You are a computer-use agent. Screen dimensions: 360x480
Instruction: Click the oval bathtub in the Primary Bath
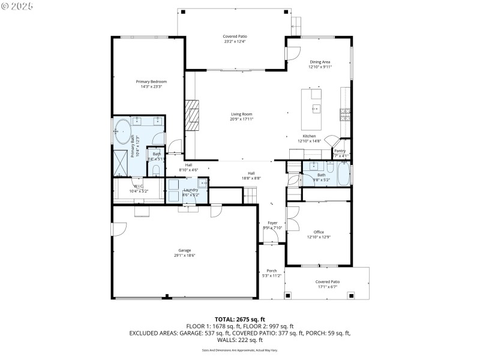[x=123, y=130]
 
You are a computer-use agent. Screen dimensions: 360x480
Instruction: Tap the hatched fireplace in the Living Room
[x=191, y=115]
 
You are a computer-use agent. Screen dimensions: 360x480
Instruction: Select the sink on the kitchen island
[x=316, y=109]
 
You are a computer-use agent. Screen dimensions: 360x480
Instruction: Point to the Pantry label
[x=340, y=151]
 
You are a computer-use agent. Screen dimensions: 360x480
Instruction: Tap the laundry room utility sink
[x=202, y=184]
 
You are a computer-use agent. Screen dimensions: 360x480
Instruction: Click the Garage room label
[x=185, y=250]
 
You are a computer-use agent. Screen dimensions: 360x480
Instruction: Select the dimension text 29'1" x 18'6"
[x=185, y=256]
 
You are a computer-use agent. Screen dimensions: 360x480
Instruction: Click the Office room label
[x=319, y=232]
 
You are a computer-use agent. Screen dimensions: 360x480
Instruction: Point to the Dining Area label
[x=320, y=62]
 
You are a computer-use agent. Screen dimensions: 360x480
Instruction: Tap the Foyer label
[x=272, y=223]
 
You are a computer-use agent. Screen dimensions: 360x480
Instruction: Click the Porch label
[x=272, y=271]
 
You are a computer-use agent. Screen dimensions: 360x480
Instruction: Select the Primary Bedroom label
[x=151, y=82]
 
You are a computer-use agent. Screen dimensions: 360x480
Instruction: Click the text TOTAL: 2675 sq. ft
[x=240, y=319]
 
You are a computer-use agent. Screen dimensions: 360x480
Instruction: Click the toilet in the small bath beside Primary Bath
[x=156, y=170]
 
